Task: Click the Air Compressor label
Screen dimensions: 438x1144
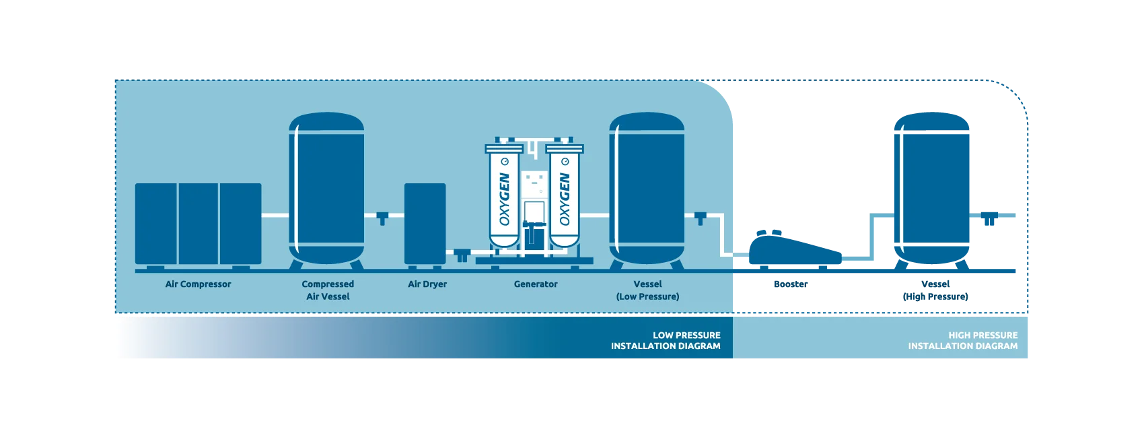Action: (198, 284)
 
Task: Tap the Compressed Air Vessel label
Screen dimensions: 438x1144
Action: (328, 290)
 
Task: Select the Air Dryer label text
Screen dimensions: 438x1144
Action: (427, 284)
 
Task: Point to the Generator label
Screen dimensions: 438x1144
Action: (536, 284)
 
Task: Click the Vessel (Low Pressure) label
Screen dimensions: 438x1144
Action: (647, 290)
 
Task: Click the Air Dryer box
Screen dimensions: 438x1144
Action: (425, 223)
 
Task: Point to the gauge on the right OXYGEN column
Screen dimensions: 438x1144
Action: (565, 162)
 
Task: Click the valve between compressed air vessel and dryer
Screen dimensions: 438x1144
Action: (382, 218)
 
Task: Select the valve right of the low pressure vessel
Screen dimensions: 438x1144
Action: (701, 218)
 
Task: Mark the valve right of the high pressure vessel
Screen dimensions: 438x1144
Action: (988, 218)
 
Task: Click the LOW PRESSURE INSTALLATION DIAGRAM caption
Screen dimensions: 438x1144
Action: (666, 340)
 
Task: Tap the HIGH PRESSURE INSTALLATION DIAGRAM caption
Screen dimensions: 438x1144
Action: (962, 340)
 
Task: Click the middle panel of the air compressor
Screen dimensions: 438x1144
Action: (199, 223)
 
